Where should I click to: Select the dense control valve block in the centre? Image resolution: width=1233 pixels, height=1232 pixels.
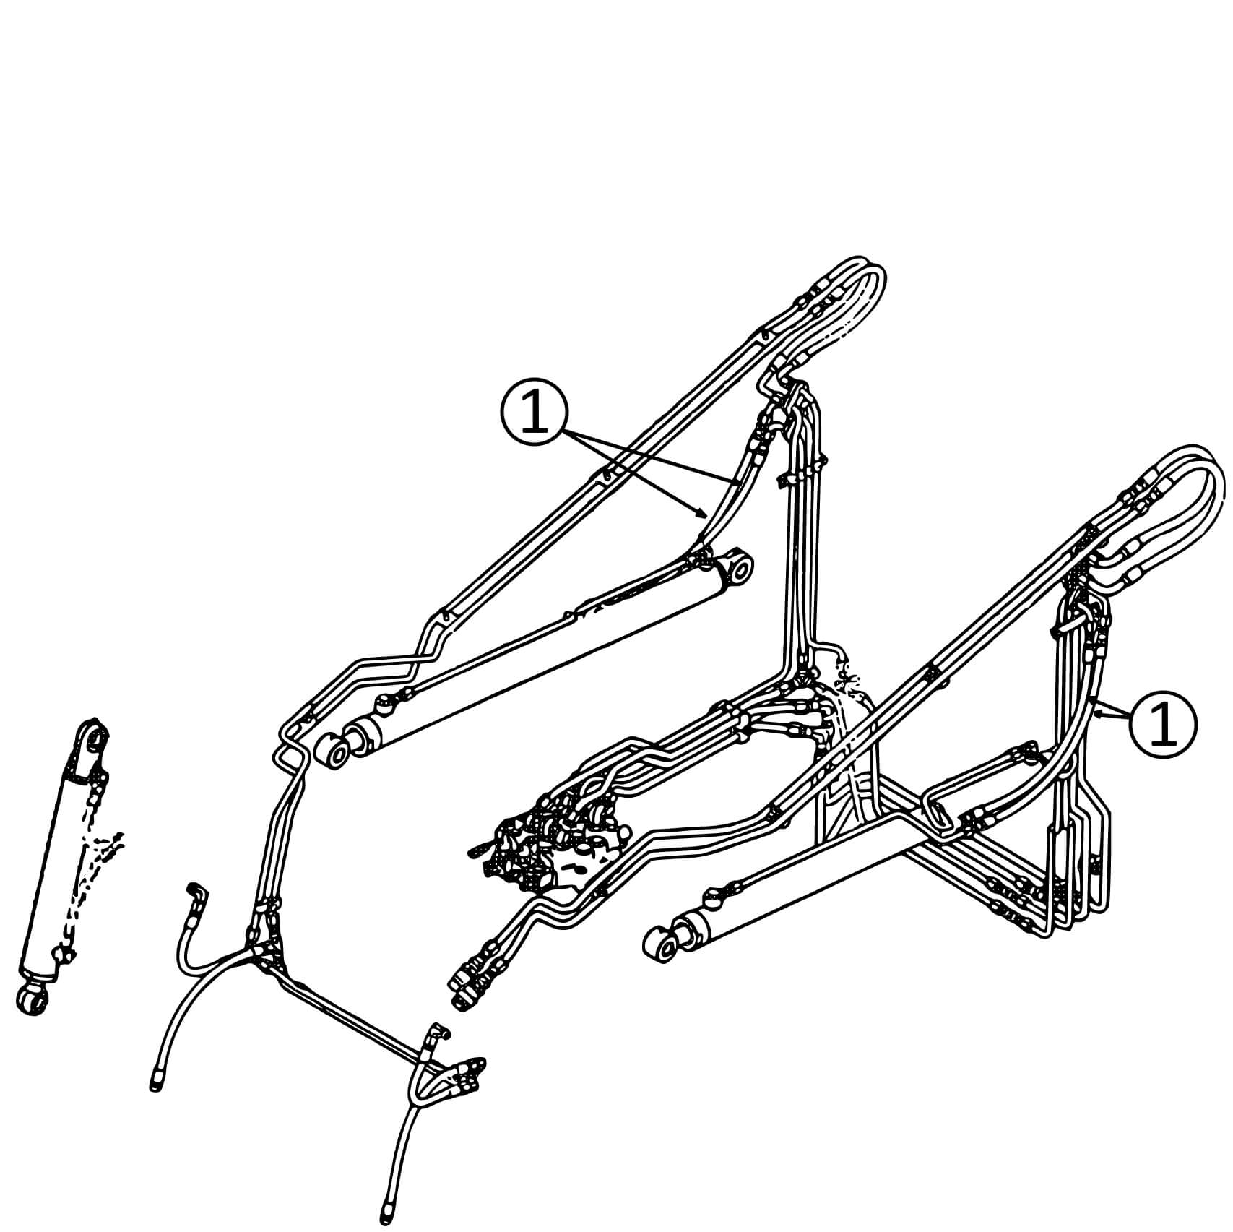549,838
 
